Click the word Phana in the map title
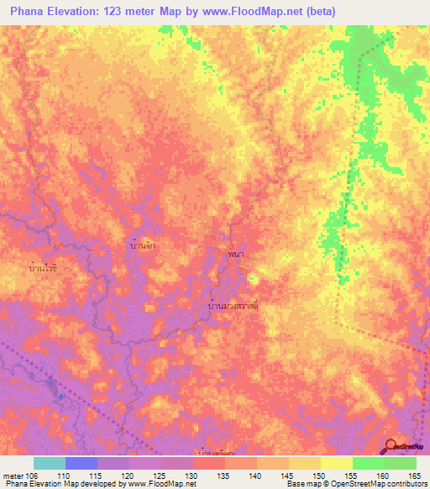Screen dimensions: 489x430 point(29,12)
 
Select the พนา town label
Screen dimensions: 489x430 point(235,251)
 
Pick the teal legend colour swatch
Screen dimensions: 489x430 point(50,462)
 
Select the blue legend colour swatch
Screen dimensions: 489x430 point(81,462)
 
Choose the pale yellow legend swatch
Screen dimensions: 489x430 point(336,462)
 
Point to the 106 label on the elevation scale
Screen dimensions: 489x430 point(31,476)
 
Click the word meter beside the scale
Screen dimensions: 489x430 point(12,476)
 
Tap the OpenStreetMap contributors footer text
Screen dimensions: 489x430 point(386,484)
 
